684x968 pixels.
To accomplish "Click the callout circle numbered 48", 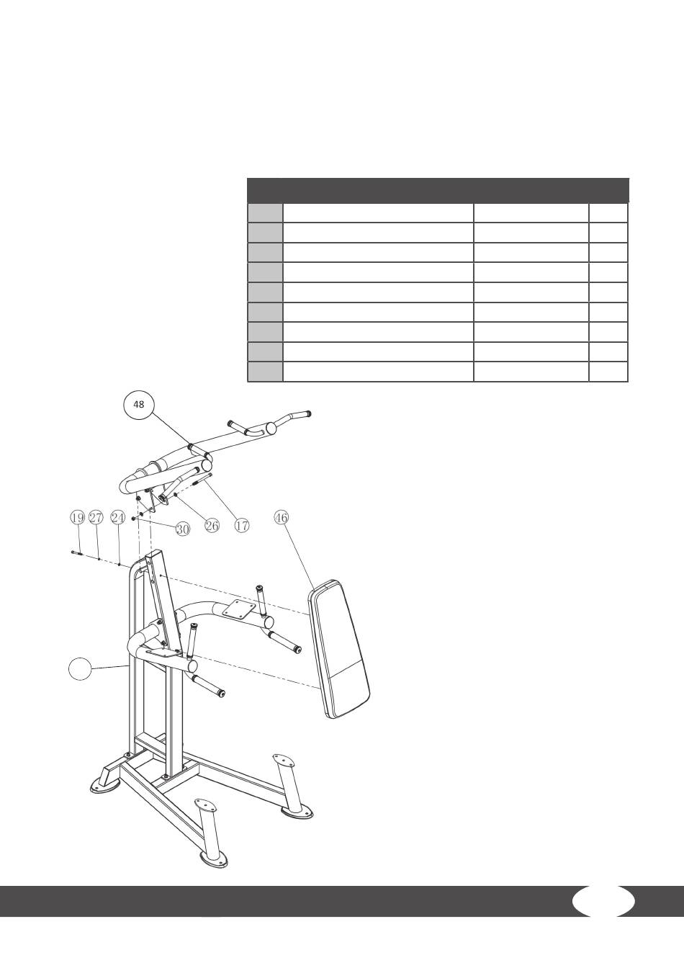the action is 139,405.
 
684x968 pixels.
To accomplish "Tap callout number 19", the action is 77,517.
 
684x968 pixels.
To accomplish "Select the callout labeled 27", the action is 96,517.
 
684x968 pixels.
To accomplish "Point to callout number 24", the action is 118,517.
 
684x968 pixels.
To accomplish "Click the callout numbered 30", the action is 182,529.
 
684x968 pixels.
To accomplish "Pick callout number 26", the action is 212,526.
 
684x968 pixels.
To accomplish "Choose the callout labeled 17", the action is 242,526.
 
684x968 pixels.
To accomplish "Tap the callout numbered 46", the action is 282,517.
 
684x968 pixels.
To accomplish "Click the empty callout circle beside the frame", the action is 81,669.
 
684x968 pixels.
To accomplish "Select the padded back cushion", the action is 338,648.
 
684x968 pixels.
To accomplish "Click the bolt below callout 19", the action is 77,553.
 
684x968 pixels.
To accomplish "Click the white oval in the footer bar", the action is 603,901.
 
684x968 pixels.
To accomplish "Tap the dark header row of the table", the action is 438,190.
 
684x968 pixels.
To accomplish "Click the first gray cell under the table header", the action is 265,212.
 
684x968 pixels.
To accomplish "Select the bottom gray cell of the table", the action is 265,372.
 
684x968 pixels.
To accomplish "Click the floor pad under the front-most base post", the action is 214,859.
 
